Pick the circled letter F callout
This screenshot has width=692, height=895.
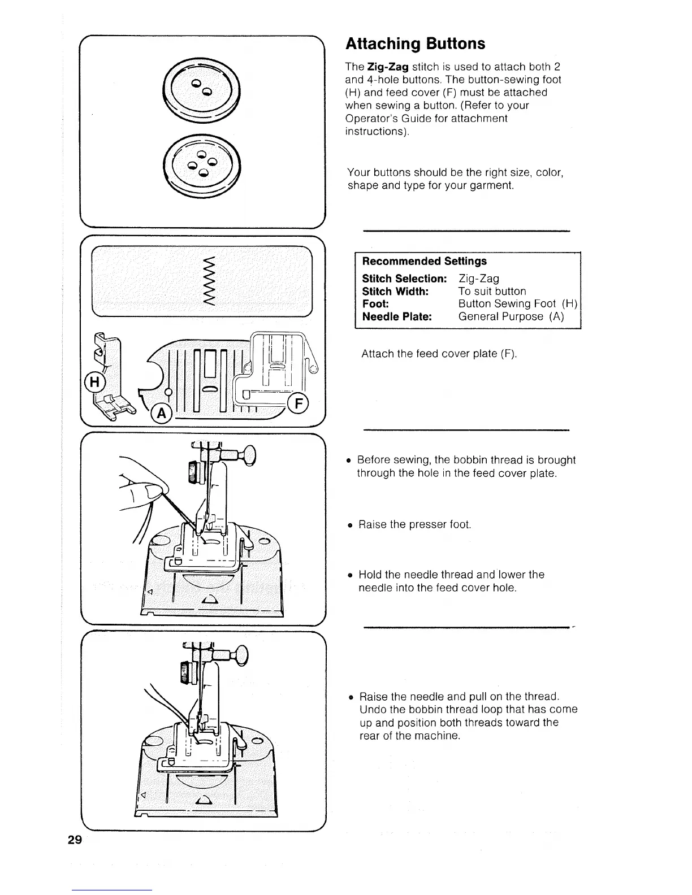297,403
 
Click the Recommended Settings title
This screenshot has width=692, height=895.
424,261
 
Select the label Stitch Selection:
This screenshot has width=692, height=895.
404,279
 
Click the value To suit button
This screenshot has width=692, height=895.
492,292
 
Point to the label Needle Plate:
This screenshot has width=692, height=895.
397,316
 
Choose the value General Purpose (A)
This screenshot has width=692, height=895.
511,316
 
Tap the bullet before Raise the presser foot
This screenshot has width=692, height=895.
351,525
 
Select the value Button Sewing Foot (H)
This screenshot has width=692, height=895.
517,304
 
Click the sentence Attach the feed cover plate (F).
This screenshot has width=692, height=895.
439,354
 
